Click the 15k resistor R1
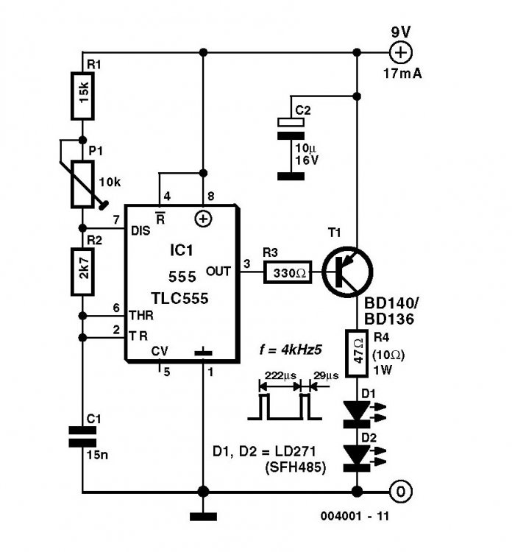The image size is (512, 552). click(82, 96)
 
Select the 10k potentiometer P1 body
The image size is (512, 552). click(82, 184)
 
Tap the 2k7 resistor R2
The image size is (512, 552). click(82, 272)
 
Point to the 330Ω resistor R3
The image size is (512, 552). click(288, 272)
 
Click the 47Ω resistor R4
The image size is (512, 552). click(357, 353)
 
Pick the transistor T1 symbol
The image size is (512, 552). click(347, 272)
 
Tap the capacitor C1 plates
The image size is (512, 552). click(82, 437)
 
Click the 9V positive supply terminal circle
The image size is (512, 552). click(401, 52)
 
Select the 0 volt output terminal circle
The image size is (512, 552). click(401, 492)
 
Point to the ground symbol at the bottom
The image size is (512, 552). click(203, 517)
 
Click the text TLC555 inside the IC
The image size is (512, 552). click(179, 298)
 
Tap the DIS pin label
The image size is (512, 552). click(141, 231)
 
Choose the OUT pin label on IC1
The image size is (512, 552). click(218, 272)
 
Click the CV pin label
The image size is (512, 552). click(160, 351)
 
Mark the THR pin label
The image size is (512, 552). click(141, 316)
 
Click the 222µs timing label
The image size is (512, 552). click(280, 375)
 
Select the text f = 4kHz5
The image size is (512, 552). click(291, 350)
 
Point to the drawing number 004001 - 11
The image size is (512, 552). click(355, 517)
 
